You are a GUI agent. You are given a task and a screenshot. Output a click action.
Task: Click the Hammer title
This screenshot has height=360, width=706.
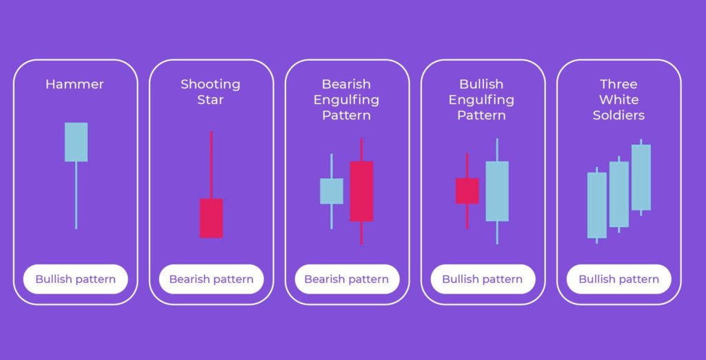(x=74, y=84)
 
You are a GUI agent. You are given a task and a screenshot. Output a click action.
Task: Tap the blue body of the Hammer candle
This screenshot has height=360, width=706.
(x=76, y=142)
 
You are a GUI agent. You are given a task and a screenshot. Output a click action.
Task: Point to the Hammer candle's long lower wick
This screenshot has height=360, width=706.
(x=76, y=195)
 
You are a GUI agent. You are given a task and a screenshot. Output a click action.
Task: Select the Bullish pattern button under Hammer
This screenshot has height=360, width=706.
(x=76, y=279)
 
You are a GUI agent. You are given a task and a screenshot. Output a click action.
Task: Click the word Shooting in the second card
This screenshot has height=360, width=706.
(x=210, y=85)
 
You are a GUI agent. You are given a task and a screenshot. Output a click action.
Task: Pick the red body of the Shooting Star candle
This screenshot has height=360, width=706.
(x=211, y=218)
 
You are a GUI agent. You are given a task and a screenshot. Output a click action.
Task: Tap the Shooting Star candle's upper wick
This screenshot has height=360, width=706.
(x=211, y=165)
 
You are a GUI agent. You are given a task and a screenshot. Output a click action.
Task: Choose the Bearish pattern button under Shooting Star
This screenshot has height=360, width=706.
(x=211, y=279)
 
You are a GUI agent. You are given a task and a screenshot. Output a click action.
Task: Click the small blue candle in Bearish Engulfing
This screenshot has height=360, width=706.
(x=332, y=191)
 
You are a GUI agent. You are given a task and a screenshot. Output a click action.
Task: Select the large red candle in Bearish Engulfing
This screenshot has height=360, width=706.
(x=361, y=191)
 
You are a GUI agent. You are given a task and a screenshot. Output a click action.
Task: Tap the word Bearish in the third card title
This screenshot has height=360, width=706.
(x=346, y=84)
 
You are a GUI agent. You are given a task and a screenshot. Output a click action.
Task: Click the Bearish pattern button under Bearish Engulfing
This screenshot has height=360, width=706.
(x=347, y=279)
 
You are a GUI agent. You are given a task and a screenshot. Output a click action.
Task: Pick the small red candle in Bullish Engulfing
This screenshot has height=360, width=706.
(x=467, y=191)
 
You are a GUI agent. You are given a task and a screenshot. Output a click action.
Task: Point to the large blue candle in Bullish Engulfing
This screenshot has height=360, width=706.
(x=497, y=191)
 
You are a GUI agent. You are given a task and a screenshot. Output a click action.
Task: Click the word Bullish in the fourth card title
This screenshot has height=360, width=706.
(x=481, y=84)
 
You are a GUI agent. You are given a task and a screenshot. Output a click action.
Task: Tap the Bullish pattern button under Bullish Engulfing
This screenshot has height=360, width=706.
(x=483, y=279)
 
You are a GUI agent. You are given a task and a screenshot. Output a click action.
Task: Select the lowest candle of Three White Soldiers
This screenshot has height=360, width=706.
(x=596, y=205)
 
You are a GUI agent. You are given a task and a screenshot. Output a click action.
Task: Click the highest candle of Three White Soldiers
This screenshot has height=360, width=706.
(x=641, y=177)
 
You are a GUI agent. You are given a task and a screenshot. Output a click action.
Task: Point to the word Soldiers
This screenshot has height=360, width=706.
(x=618, y=115)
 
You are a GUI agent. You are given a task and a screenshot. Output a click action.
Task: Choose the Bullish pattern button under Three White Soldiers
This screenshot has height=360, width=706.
(x=618, y=279)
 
